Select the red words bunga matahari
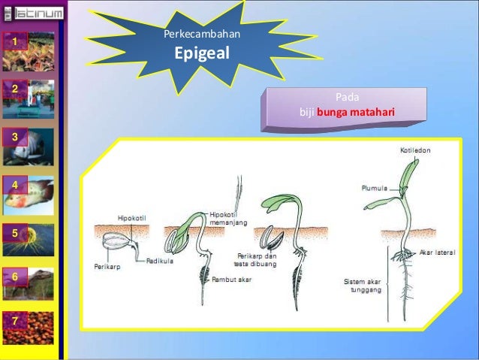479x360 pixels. tap(355, 113)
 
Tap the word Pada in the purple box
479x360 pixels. tap(346, 98)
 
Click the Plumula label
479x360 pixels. tap(374, 189)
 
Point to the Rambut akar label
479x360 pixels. tap(230, 280)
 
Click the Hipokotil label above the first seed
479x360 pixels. tap(132, 218)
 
